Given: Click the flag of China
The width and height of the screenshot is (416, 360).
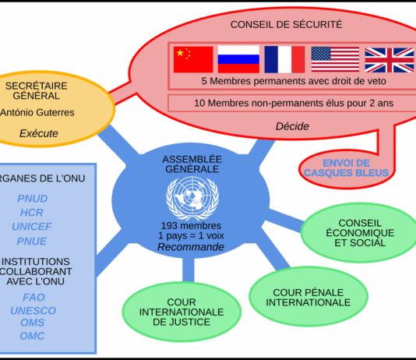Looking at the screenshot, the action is pyautogui.click(x=193, y=59).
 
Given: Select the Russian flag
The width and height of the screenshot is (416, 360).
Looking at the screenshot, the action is pyautogui.click(x=238, y=59).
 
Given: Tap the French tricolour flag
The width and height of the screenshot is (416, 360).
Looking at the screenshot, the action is pyautogui.click(x=284, y=59).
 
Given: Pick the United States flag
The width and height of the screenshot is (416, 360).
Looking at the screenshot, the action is pyautogui.click(x=335, y=59).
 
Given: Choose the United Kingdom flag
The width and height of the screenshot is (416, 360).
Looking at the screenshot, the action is pyautogui.click(x=390, y=60).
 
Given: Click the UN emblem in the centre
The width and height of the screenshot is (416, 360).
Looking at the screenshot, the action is pyautogui.click(x=192, y=198).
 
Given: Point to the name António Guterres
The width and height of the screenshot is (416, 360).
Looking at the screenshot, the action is pyautogui.click(x=37, y=112).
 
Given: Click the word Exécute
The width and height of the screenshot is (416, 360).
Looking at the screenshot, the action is pyautogui.click(x=39, y=133).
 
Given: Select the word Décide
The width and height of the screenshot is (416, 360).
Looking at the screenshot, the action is pyautogui.click(x=292, y=126).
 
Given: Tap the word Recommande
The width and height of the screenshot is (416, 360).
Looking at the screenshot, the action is pyautogui.click(x=191, y=247).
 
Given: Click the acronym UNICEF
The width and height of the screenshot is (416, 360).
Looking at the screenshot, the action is pyautogui.click(x=32, y=227).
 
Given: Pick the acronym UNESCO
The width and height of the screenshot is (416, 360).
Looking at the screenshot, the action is pyautogui.click(x=33, y=311).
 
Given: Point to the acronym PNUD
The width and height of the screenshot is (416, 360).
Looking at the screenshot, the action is pyautogui.click(x=33, y=199).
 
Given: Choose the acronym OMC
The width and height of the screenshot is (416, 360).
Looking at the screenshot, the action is pyautogui.click(x=32, y=336).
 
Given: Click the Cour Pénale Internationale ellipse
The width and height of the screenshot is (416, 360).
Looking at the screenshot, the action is pyautogui.click(x=308, y=297).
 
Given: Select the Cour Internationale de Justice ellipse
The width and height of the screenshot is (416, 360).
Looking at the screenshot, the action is pyautogui.click(x=182, y=312).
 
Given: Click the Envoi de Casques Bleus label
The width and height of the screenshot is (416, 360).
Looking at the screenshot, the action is pyautogui.click(x=346, y=168).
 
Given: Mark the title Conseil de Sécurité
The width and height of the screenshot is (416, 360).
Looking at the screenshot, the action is pyautogui.click(x=286, y=25).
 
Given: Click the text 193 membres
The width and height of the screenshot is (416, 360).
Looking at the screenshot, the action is pyautogui.click(x=191, y=226).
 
